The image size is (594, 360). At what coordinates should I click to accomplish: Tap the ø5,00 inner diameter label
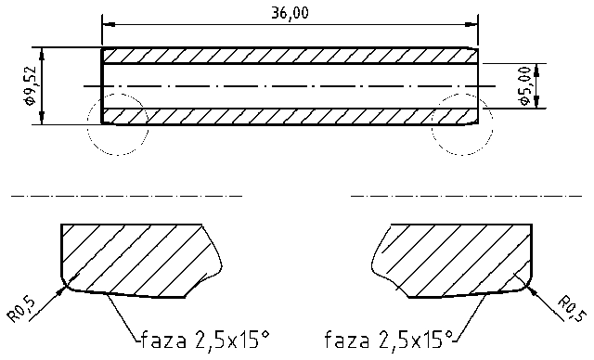pos(525,86)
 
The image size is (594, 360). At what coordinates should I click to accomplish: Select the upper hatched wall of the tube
pos(288,56)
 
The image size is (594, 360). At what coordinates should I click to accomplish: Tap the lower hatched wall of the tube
pos(288,117)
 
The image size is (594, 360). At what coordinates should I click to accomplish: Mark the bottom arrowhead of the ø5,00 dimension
pos(536,103)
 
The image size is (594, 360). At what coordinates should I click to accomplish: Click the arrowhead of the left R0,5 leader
pos(65,289)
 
